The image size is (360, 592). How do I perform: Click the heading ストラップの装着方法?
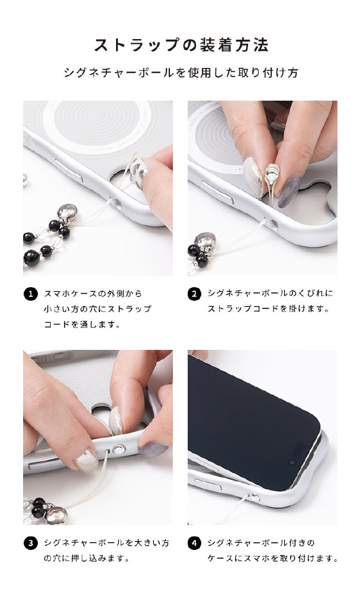pyautogui.click(x=181, y=46)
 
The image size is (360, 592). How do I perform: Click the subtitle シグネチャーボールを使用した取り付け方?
pyautogui.click(x=181, y=72)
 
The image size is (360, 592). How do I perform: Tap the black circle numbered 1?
pyautogui.click(x=31, y=294)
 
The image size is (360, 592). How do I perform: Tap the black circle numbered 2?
pyautogui.click(x=194, y=294)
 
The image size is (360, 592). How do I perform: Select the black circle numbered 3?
pyautogui.click(x=31, y=543)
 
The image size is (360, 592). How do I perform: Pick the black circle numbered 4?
pyautogui.click(x=194, y=543)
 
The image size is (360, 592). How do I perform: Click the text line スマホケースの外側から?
pyautogui.click(x=93, y=294)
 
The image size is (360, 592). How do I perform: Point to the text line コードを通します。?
pyautogui.click(x=82, y=324)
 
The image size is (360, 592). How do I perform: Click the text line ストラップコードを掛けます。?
pyautogui.click(x=268, y=308)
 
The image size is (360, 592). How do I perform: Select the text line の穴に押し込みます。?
pyautogui.click(x=86, y=558)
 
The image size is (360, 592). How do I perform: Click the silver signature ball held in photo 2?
pyautogui.click(x=272, y=173)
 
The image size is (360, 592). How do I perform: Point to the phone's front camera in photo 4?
pyautogui.click(x=291, y=462)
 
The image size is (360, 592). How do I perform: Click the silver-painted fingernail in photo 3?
pyautogui.click(x=86, y=459)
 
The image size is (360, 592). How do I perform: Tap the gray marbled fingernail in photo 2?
pyautogui.click(x=290, y=191)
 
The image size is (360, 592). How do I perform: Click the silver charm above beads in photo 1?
pyautogui.click(x=68, y=213)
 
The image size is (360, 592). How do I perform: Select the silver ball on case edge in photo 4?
pyautogui.click(x=256, y=497)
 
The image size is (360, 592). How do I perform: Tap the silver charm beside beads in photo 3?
pyautogui.click(x=56, y=515)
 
